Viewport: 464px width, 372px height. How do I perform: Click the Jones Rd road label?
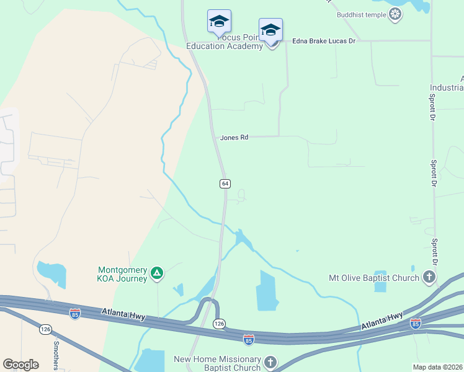click(x=234, y=137)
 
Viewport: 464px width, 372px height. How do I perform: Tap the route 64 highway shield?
click(x=225, y=184)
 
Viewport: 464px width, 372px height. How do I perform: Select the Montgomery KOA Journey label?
click(x=122, y=274)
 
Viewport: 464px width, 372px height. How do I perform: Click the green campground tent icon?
click(x=158, y=273)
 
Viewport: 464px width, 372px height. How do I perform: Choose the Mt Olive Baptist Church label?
click(x=374, y=278)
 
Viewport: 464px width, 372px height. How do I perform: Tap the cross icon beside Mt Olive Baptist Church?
click(x=429, y=277)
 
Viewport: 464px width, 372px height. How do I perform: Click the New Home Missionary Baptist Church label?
click(x=217, y=363)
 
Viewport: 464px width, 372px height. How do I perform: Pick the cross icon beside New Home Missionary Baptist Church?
click(x=270, y=361)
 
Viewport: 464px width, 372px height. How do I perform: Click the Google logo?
click(x=20, y=365)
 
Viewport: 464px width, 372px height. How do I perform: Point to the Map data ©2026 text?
click(x=438, y=367)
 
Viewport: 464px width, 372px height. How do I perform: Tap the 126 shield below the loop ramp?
click(x=218, y=324)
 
